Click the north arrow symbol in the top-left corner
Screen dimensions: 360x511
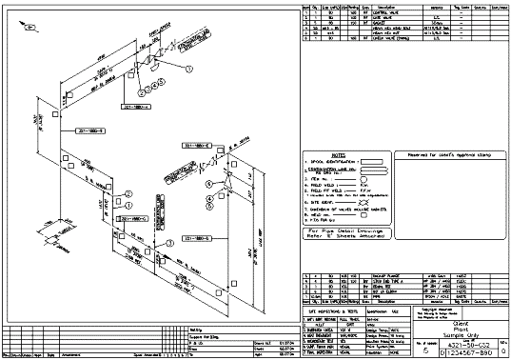point(29,29)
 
